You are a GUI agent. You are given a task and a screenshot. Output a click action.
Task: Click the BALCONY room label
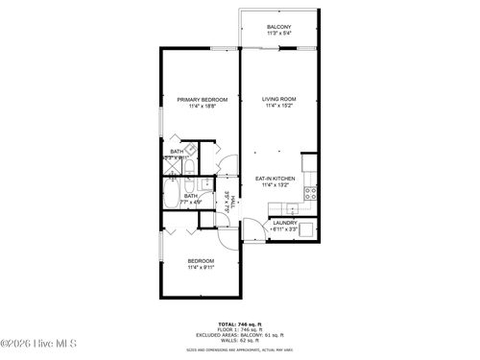click(278, 27)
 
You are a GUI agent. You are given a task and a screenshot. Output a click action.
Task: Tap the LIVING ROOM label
click(278, 99)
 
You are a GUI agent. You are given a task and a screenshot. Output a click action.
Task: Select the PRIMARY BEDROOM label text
click(202, 99)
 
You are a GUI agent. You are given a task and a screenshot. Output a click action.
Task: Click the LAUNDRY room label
click(284, 223)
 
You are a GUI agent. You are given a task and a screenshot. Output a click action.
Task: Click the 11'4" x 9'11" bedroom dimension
click(201, 267)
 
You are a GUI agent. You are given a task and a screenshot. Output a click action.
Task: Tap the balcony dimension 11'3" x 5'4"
click(278, 34)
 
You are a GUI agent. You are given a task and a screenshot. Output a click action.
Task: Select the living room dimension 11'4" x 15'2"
click(278, 106)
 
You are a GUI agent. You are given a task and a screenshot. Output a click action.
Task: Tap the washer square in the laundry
click(309, 229)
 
